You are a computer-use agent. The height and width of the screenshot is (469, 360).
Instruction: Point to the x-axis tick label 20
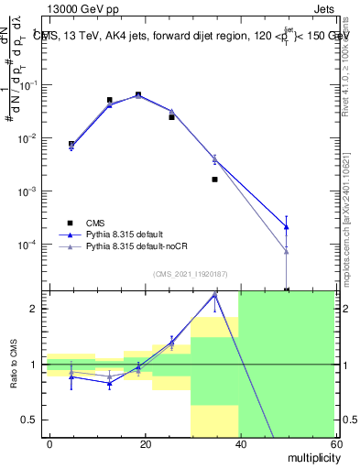tap(145, 443)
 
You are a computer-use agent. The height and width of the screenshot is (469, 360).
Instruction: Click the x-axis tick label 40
tap(240, 443)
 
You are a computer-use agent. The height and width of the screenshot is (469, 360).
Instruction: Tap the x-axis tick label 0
tap(49, 443)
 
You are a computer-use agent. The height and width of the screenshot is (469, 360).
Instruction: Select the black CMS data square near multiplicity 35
tap(214, 180)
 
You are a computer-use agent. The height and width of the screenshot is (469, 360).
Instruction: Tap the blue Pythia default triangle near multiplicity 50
tap(286, 226)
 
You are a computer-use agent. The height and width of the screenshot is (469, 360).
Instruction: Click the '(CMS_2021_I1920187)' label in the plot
tap(190, 274)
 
